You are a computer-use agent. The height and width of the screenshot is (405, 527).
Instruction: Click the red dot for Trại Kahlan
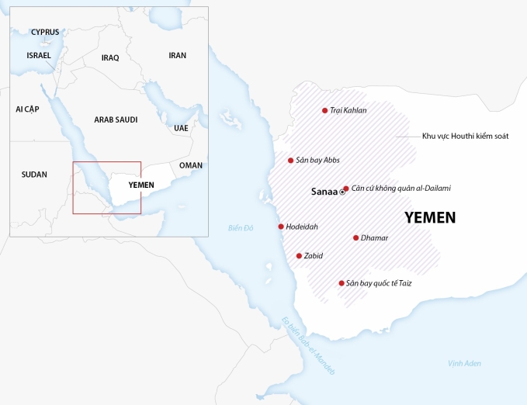tap(324, 110)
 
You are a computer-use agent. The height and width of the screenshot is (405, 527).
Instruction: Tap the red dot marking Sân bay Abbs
tap(290, 161)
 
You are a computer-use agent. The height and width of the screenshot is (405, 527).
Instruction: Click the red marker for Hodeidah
tap(281, 227)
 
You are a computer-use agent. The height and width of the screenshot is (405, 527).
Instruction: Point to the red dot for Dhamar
tap(355, 237)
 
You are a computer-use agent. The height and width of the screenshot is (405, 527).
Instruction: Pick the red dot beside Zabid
tap(299, 255)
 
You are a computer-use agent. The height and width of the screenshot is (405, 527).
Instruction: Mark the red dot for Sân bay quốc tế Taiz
tap(342, 283)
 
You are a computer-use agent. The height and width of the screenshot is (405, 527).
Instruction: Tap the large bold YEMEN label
tap(430, 218)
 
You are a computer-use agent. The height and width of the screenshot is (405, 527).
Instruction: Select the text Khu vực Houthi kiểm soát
tap(465, 136)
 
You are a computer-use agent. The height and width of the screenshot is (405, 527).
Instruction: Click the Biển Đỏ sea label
tap(241, 228)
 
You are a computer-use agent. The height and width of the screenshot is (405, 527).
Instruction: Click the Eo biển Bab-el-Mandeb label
tap(307, 345)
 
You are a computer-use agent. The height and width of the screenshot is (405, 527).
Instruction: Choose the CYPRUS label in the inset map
tap(45, 32)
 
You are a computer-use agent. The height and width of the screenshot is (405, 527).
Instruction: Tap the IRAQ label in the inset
tap(110, 57)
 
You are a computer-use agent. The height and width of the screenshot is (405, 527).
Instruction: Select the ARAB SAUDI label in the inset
tap(116, 119)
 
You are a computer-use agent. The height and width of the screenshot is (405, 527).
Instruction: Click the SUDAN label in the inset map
tap(34, 175)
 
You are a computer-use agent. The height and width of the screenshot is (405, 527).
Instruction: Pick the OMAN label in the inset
tap(190, 165)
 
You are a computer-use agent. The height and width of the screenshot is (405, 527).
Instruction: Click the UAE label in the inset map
tap(181, 127)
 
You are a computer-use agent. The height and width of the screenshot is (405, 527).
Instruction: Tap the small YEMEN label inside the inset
tap(140, 185)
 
